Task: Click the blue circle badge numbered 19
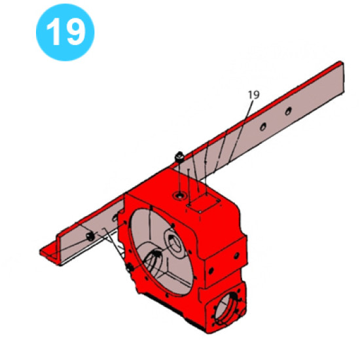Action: click(65, 31)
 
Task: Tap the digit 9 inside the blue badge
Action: click(74, 31)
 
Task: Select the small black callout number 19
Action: click(254, 95)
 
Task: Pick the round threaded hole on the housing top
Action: click(179, 195)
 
